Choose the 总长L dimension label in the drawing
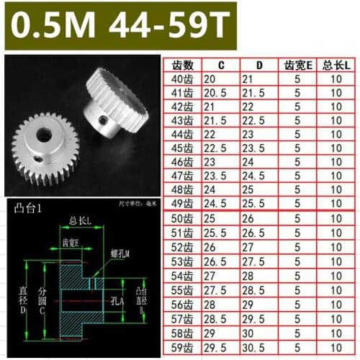coord(80,220)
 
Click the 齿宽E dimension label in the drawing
coord(70,243)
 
